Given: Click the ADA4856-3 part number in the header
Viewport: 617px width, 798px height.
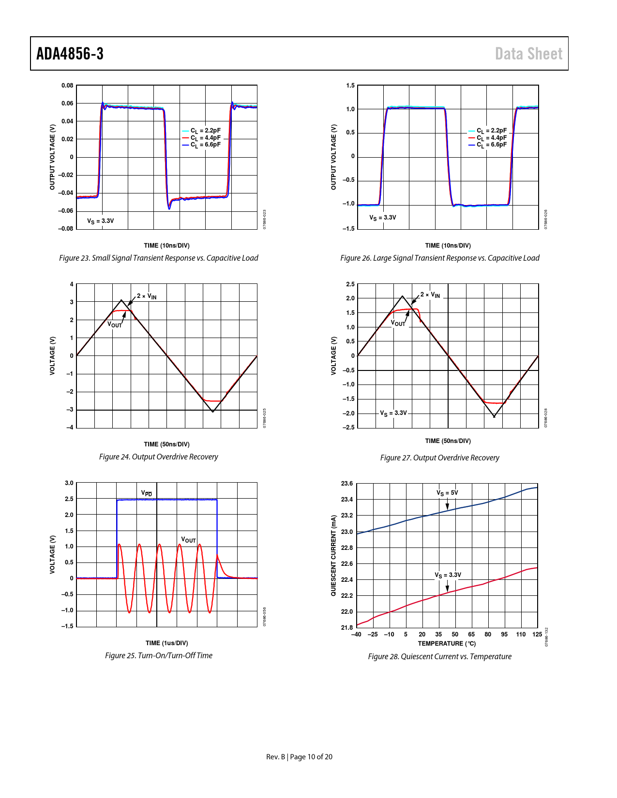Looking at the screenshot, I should point(70,54).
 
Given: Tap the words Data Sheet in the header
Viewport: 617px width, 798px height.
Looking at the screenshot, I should point(528,54).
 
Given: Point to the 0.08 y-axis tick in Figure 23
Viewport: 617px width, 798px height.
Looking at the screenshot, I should point(67,86).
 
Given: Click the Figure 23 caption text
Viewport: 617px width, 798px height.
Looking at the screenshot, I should point(159,258).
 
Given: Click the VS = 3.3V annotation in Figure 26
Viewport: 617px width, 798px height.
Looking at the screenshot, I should point(383,218).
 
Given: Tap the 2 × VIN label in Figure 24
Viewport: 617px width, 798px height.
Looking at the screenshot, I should point(147,296).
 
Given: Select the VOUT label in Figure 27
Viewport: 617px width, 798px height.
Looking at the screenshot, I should point(398,323).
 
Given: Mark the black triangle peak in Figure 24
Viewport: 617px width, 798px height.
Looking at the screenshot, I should point(121,300).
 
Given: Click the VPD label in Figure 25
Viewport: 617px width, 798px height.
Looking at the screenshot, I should point(147,493).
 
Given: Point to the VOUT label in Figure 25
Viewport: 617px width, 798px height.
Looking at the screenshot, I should point(188,540).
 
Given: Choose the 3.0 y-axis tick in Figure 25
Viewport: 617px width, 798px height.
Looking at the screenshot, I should point(69,483).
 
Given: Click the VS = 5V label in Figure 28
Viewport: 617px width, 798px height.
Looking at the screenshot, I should point(447,493).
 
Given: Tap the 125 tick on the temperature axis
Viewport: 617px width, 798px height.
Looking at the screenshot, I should point(537,635).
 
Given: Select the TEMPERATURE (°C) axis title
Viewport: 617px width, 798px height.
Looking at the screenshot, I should point(447,643).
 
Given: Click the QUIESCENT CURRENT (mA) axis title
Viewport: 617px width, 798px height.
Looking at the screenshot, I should point(333,555).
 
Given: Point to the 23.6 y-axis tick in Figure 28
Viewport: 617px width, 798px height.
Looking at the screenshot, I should point(347,484).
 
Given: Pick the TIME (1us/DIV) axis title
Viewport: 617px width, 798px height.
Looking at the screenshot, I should point(166,643).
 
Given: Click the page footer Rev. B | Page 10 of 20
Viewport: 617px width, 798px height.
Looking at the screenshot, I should point(299,757).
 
